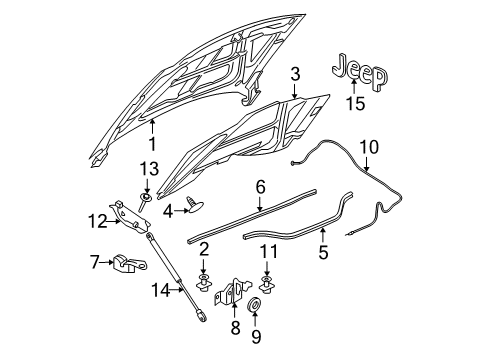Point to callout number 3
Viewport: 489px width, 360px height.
pos(295,73)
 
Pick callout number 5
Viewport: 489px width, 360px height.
pos(321,255)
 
